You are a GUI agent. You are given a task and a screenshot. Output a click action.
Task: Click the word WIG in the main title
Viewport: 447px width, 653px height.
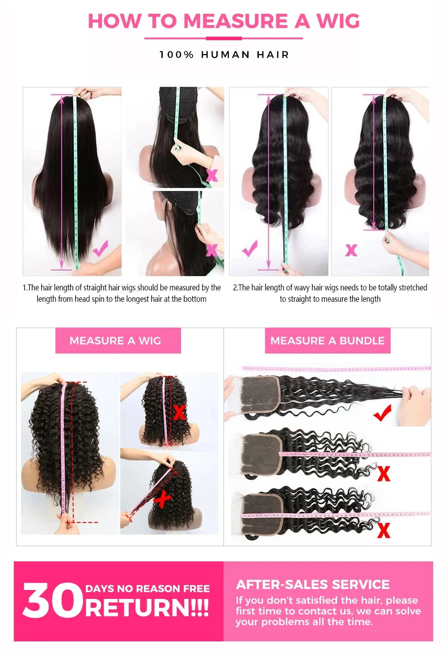(338, 21)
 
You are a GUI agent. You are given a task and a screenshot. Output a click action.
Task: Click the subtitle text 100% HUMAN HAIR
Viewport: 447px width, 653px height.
(224, 55)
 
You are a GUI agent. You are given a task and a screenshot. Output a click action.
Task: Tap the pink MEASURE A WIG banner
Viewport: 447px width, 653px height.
(118, 341)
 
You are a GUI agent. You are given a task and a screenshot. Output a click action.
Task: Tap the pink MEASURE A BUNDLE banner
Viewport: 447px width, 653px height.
(327, 341)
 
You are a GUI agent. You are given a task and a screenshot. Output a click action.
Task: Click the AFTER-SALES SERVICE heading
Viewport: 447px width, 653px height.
(312, 584)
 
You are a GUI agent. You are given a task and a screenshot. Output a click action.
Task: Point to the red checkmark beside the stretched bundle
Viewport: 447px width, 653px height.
(383, 413)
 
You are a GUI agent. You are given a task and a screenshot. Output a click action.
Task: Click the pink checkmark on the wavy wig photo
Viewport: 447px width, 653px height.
(250, 248)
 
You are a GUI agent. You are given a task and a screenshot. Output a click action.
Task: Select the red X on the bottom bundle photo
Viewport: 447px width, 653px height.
(383, 530)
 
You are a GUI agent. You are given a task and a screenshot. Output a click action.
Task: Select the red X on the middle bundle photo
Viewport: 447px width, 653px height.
(383, 473)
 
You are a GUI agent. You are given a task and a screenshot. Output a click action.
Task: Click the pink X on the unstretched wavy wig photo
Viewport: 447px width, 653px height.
(351, 250)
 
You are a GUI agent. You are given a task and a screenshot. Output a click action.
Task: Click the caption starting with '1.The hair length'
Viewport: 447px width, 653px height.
(122, 293)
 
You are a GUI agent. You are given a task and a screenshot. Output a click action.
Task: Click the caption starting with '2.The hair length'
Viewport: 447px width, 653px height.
(330, 293)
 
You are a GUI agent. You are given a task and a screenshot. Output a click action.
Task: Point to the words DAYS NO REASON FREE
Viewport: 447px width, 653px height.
(148, 588)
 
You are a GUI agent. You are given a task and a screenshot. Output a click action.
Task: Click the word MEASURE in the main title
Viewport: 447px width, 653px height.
(236, 21)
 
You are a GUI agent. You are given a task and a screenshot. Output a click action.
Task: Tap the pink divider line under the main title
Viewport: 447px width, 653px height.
(223, 38)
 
